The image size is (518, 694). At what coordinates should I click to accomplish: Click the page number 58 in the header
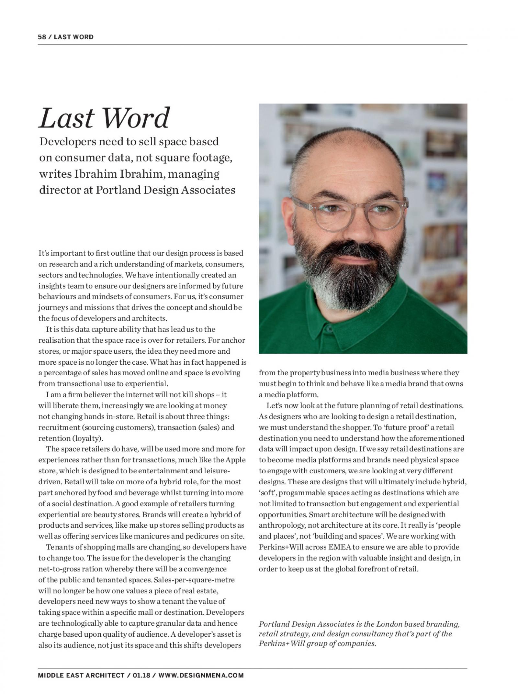click(42, 37)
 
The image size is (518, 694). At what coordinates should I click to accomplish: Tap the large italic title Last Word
click(104, 118)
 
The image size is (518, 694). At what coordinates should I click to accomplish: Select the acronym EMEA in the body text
click(339, 547)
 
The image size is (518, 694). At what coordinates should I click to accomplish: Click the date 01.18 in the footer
click(141, 676)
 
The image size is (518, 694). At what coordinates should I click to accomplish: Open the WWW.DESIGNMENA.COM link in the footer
click(201, 676)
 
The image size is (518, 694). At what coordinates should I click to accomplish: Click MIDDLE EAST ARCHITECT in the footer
click(81, 676)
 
